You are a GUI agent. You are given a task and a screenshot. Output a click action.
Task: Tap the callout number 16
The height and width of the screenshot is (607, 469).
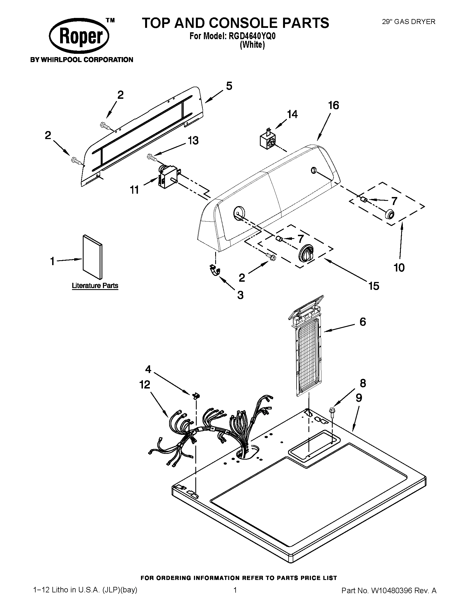pos(334,106)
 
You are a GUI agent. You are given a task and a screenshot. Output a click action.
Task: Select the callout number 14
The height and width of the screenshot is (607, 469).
pos(292,114)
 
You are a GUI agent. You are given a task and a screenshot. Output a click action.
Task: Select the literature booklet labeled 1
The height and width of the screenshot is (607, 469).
pos(92,257)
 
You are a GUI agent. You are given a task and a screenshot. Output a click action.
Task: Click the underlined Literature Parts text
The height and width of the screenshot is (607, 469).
pos(95,286)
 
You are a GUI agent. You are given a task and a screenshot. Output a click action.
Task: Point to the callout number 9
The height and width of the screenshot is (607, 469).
pos(359,398)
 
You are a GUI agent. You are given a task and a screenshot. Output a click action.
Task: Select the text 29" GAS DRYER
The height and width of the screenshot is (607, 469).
pos(408,22)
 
